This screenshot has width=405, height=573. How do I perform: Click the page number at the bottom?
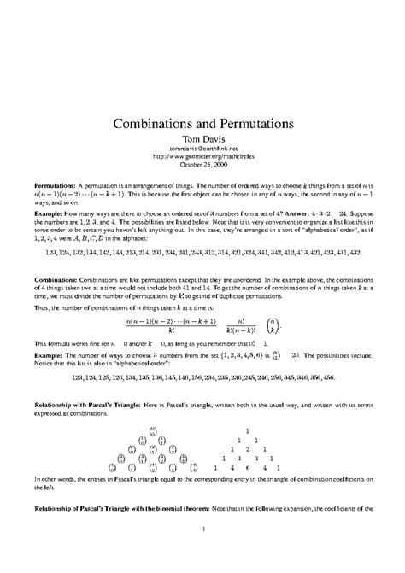point(202,553)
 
